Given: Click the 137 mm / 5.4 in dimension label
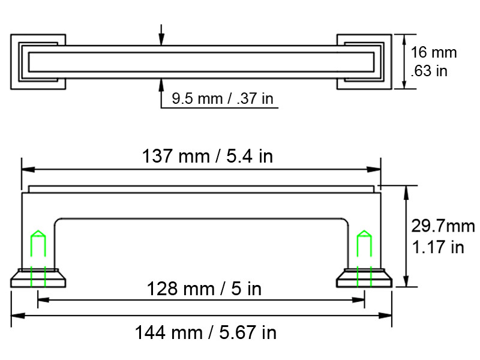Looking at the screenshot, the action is [207, 156].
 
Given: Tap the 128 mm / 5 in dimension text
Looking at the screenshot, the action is [204, 289].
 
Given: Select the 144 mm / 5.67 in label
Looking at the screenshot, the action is [206, 332].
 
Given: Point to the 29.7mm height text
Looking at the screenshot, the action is [443, 226].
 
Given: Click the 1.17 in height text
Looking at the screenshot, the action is [438, 247].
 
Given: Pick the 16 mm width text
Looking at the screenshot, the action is [433, 52].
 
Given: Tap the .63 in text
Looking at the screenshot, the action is [429, 71].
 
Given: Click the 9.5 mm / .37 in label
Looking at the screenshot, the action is [222, 98].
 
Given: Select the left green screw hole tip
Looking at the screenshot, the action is [38, 230].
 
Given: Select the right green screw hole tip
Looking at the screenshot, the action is [364, 230].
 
